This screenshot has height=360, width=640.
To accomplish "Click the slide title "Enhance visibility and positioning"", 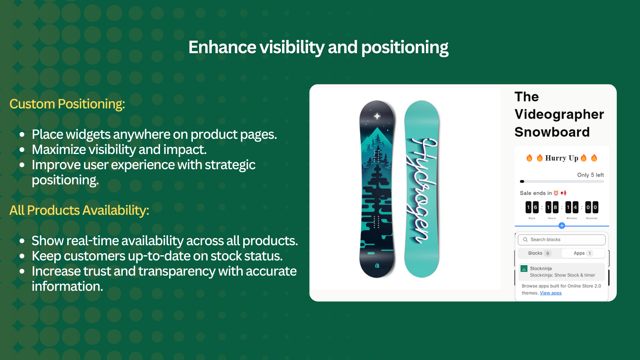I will point(318,47).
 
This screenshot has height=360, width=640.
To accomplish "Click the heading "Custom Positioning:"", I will point(67,104).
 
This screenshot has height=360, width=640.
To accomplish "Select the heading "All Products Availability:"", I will point(79,210).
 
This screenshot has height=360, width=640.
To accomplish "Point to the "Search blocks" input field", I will point(562,240).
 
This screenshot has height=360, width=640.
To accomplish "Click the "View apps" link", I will point(551,293).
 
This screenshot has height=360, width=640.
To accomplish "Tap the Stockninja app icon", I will point(524,268).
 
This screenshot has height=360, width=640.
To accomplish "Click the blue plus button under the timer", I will point(562,226).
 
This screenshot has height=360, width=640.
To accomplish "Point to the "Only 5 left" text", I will point(590,175).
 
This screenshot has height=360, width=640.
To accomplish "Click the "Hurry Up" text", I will point(562,158).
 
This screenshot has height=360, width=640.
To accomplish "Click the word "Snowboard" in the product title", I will point(552,132).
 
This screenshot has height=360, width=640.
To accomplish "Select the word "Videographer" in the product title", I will point(559,114).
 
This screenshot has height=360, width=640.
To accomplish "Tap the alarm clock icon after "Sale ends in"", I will point(556,193).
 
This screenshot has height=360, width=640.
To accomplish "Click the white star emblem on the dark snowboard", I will point(377,116).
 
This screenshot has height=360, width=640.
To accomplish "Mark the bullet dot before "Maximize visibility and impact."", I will point(22,150).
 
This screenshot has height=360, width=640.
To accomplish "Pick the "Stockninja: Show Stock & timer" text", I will point(562,275).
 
